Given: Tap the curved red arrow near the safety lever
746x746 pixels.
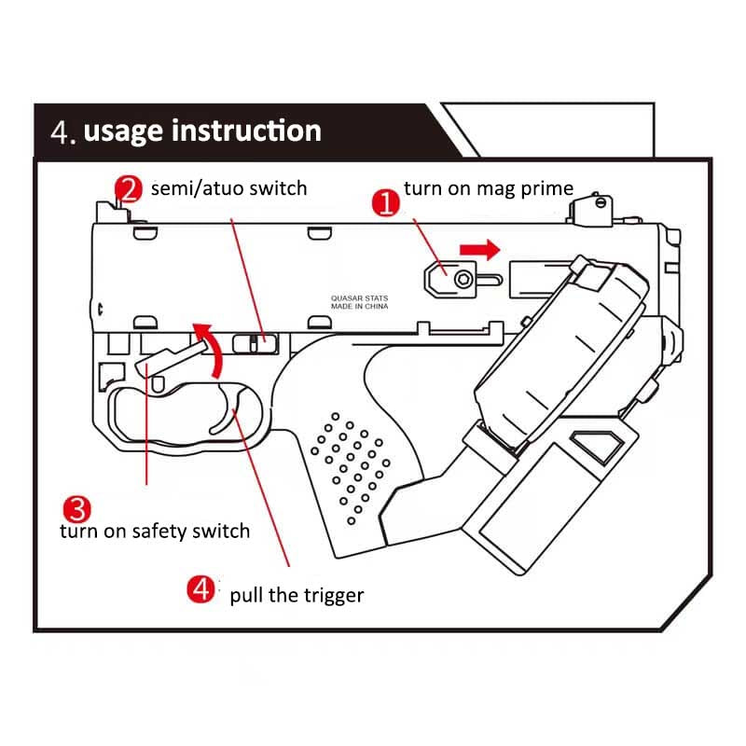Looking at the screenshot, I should click(x=213, y=346).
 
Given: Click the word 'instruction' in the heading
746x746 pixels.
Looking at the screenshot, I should click(x=246, y=131).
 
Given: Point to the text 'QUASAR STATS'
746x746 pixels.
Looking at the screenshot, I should click(x=360, y=298).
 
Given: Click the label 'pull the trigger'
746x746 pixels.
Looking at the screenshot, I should click(x=297, y=595).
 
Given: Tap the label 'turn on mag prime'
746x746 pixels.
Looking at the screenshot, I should click(x=488, y=188).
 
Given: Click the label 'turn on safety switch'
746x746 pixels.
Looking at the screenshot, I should click(x=155, y=532).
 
